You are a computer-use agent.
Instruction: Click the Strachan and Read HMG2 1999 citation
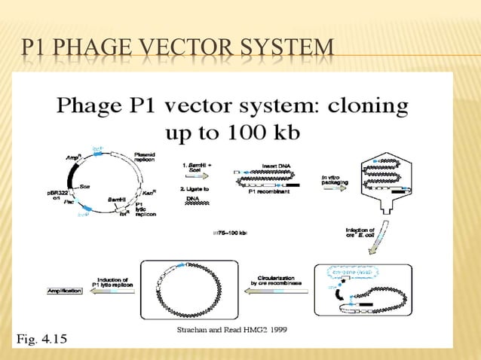coord(231,330)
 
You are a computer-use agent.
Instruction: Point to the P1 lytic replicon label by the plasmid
coord(146,209)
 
